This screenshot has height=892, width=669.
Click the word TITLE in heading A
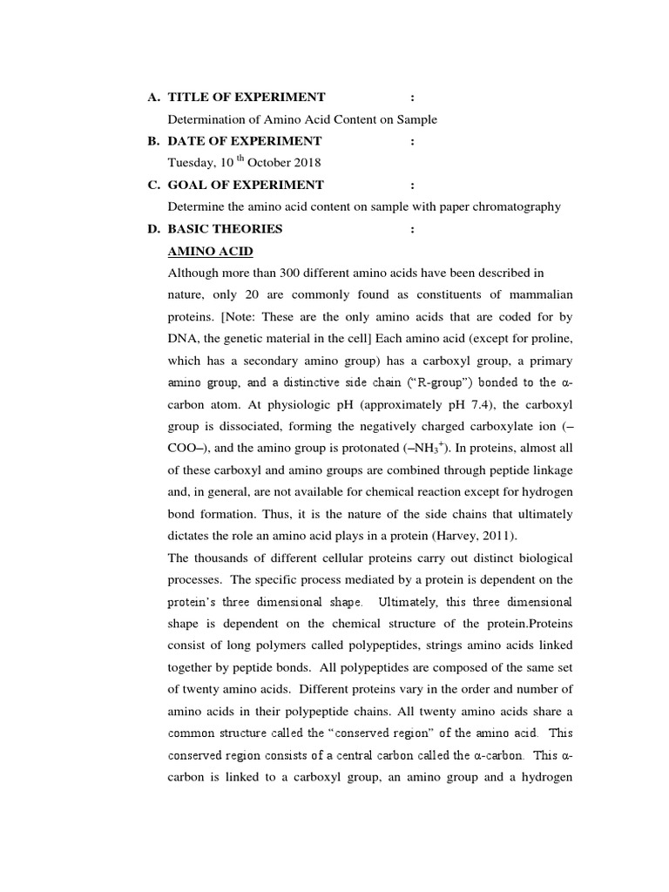pos(189,97)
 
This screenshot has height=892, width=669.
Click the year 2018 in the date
pos(306,163)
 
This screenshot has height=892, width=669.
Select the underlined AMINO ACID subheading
pos(210,252)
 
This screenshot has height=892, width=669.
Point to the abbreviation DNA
pos(182,339)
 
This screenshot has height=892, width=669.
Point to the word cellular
pos(390,557)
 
